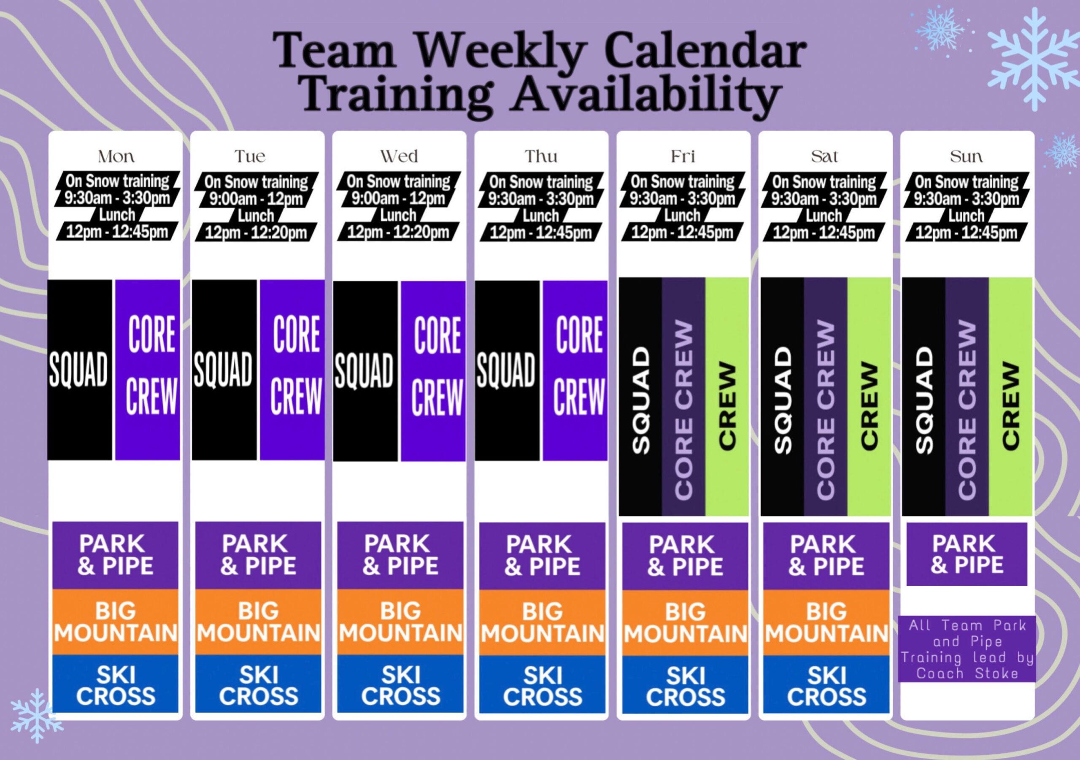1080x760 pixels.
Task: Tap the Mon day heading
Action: point(116,156)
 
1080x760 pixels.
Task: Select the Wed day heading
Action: point(399,156)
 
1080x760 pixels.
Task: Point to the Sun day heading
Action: point(966,156)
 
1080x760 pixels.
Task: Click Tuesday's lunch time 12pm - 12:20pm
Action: point(256,232)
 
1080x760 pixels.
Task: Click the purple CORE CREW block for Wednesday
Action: point(433,371)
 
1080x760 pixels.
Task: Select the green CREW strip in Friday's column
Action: point(727,397)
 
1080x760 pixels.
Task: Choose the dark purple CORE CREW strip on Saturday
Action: point(826,397)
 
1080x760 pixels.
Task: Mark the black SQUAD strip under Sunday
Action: point(924,397)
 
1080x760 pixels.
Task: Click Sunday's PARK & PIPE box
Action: point(967,554)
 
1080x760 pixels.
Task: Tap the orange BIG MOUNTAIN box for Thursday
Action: point(543,622)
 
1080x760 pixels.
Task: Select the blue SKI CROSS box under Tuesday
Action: point(258,686)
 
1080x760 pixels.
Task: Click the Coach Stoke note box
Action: point(967,649)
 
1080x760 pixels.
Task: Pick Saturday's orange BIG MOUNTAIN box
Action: point(826,622)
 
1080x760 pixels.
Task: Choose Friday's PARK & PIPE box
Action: point(685,555)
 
